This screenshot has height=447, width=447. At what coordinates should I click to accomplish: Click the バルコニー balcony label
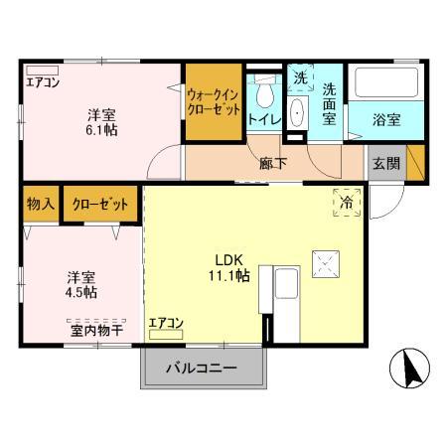coord(208,369)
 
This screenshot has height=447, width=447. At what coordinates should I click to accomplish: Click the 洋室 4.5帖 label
coord(81,284)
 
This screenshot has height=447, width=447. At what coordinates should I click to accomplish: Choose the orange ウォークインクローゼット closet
coord(213,102)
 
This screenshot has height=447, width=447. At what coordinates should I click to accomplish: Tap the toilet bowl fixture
coord(263,96)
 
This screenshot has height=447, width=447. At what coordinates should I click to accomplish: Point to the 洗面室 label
coord(330,102)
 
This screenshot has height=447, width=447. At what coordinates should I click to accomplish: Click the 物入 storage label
coord(40,205)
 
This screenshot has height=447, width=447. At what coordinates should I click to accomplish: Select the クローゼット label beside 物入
coord(100,205)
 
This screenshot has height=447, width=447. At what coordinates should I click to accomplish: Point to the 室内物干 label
coord(95,329)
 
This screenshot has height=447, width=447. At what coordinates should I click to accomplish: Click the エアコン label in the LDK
coord(166,323)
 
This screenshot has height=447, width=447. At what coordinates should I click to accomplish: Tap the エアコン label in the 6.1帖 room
coord(44,82)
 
